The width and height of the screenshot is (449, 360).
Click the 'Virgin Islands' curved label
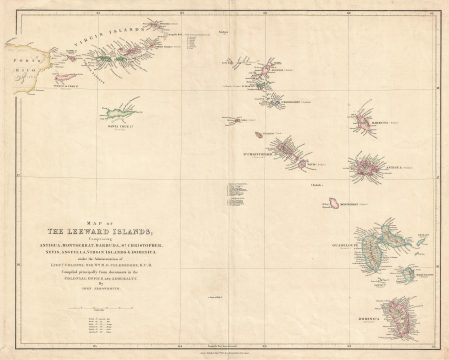tap(115, 39)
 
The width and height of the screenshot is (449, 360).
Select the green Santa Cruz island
tap(118, 109)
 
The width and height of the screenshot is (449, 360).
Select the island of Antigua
tap(367, 166)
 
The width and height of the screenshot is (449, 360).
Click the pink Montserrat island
tap(332, 203)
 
